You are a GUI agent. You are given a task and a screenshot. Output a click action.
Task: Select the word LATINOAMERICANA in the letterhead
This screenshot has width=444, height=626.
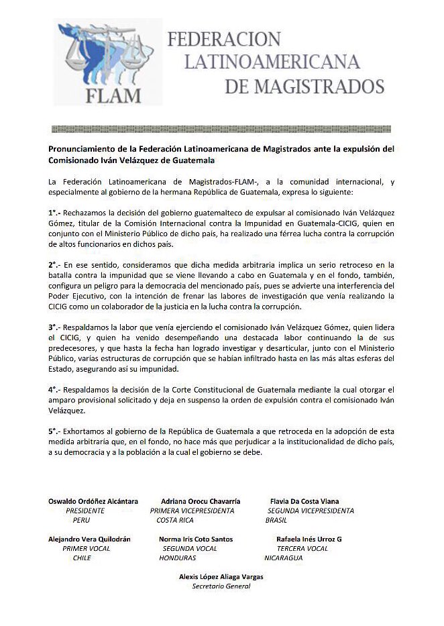tap(272, 62)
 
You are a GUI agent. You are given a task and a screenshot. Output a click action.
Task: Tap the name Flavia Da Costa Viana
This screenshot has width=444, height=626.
tap(304, 501)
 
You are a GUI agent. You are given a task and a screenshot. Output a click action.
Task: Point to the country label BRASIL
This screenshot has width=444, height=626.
tap(276, 520)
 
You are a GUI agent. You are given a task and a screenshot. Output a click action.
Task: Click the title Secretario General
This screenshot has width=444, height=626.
tap(221, 586)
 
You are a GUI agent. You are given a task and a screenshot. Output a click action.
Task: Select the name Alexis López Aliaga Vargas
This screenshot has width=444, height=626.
tap(221, 576)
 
